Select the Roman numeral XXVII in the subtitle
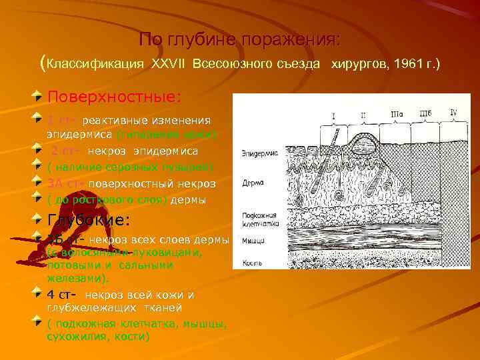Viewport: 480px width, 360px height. [x=169, y=63]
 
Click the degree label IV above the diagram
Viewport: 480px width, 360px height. [x=454, y=112]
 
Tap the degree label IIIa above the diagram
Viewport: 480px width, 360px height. [x=397, y=115]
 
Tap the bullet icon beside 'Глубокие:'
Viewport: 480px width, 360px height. [x=41, y=217]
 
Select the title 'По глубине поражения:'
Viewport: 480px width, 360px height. [x=239, y=40]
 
